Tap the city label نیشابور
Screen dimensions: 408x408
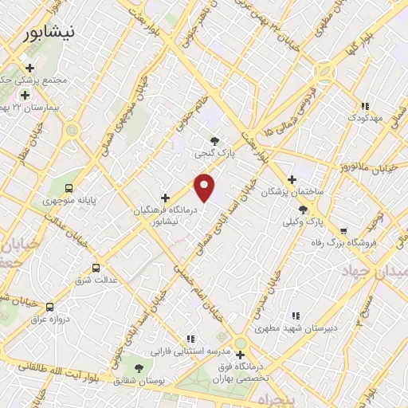tap(49, 33)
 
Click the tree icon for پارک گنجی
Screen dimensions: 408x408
tap(214, 141)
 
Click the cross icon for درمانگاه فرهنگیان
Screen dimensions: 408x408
tap(165, 197)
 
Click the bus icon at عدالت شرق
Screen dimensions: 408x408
tap(97, 268)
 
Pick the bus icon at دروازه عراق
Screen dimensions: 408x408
tap(49, 306)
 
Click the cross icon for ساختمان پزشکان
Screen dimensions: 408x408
tap(292, 179)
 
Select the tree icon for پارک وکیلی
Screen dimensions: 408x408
tap(303, 210)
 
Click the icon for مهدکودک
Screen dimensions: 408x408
tap(365, 106)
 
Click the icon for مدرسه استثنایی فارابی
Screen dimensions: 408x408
tap(190, 339)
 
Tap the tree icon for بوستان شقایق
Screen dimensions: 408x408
tap(139, 368)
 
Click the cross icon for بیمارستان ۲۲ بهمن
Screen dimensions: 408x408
tap(25, 95)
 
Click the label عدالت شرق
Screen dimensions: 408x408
tap(96, 280)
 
